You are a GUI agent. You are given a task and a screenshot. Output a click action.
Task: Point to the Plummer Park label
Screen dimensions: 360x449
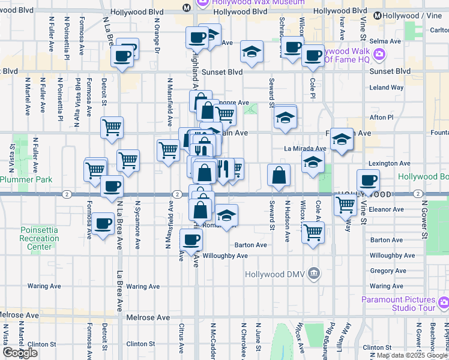pyautogui.click(x=26, y=179)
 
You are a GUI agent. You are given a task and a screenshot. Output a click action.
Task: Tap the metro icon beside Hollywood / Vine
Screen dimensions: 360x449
pyautogui.click(x=378, y=16)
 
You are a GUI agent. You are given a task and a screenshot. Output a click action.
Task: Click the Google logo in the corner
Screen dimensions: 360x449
pyautogui.click(x=20, y=353)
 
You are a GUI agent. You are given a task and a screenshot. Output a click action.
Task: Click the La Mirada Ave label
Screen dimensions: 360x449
pyautogui.click(x=305, y=148)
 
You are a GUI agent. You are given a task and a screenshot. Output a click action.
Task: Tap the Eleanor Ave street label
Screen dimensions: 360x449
pyautogui.click(x=387, y=209)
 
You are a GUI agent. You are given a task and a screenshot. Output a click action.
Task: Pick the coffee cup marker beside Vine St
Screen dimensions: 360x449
pyautogui.click(x=368, y=179)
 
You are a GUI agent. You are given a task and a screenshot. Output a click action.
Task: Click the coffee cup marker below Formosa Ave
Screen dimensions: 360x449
pyautogui.click(x=103, y=223)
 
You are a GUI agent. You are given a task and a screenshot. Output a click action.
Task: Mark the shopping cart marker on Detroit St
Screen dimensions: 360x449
pyautogui.click(x=112, y=127)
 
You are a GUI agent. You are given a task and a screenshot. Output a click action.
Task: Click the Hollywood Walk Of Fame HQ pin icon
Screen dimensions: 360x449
pyautogui.click(x=379, y=55)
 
